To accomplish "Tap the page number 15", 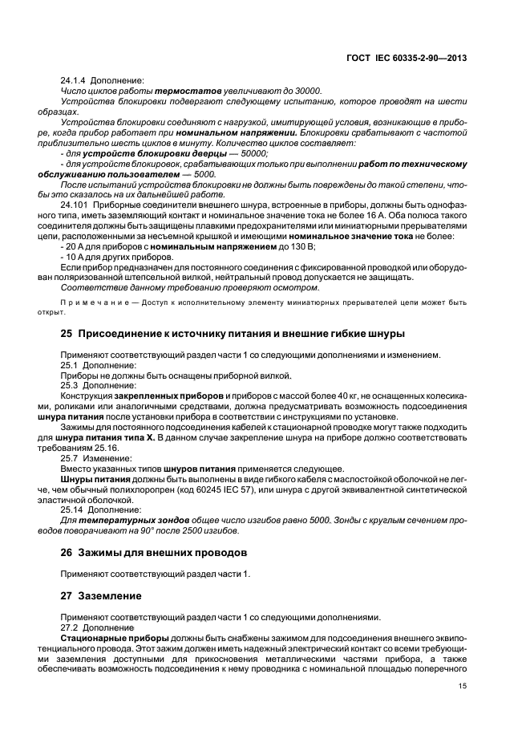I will (x=463, y=686).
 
